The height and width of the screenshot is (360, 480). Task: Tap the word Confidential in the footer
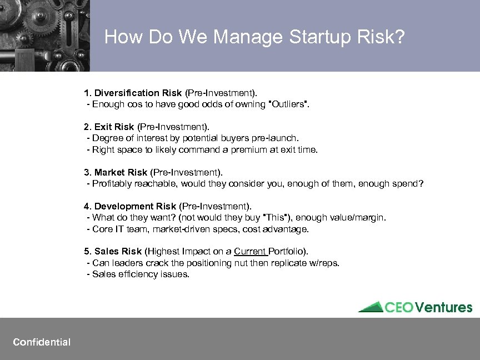(x=42, y=342)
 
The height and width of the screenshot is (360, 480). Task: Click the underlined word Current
(x=250, y=252)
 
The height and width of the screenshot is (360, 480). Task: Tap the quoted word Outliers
(x=288, y=104)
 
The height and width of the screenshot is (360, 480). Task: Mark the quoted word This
(x=275, y=218)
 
